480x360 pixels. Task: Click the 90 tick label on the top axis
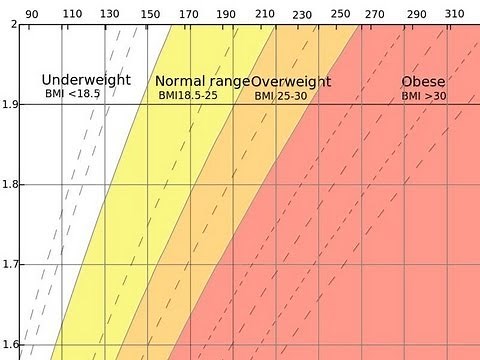tap(32, 14)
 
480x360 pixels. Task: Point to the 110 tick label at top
tap(73, 14)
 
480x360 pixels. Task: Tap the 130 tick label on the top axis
tap(111, 14)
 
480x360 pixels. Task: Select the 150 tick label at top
tap(150, 14)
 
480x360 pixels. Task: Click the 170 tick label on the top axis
tap(188, 14)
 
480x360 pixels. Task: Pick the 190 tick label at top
tap(227, 14)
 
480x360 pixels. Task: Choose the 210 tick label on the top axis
tap(264, 14)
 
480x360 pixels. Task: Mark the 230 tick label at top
tap(302, 14)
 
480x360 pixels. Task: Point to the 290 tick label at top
tap(417, 14)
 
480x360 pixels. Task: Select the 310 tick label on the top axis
tap(455, 14)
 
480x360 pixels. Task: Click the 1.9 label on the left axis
tap(9, 104)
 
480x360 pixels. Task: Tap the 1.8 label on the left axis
tap(9, 185)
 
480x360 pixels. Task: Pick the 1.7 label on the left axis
tap(9, 265)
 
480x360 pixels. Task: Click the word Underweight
tap(85, 79)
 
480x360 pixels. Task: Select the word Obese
tap(423, 81)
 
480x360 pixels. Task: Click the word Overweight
tap(292, 82)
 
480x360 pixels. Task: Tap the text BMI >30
tap(423, 96)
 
